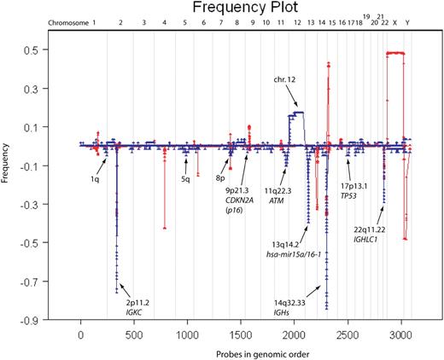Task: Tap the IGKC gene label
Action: (137, 311)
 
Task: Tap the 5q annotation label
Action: (185, 180)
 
